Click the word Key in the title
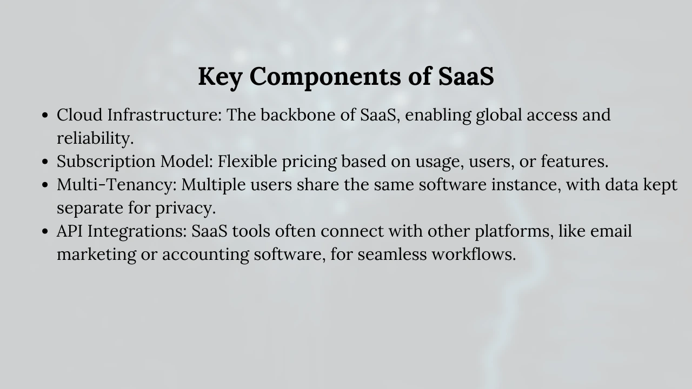219,77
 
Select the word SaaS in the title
466,76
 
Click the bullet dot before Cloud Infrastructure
45,116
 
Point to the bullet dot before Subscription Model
45,162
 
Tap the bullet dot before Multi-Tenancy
45,185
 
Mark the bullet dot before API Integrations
45,231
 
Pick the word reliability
95,138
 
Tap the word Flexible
247,161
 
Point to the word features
574,161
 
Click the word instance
526,185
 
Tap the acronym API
70,231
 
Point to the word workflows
474,254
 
